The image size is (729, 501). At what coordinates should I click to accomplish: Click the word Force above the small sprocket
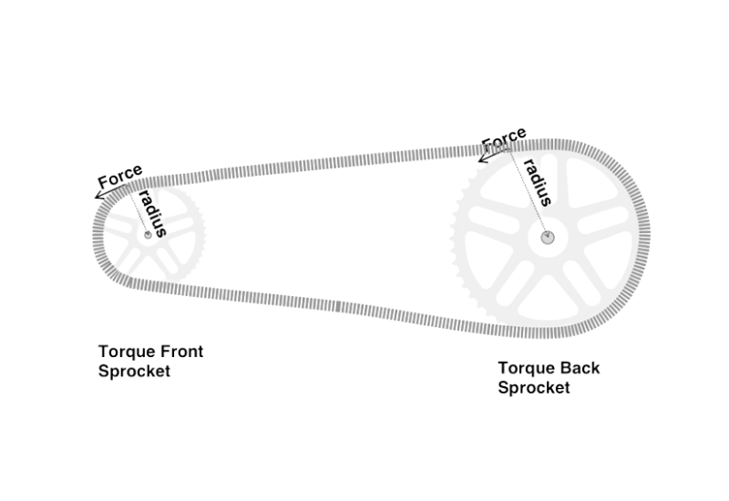click(x=120, y=176)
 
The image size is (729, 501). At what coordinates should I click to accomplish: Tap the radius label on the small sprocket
click(x=152, y=212)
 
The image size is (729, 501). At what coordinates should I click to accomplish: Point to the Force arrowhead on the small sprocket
click(x=99, y=193)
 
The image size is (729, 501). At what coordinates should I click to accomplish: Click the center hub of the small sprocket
click(x=147, y=234)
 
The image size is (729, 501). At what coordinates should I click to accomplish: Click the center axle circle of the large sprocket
click(x=547, y=238)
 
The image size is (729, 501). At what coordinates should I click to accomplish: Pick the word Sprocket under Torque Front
click(x=134, y=371)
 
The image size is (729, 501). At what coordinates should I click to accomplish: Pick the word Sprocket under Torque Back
click(x=534, y=388)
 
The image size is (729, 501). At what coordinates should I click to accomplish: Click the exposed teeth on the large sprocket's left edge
click(x=459, y=232)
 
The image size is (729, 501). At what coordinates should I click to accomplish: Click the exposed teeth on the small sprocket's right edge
click(x=200, y=239)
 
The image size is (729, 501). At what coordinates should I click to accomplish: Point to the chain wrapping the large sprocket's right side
click(x=642, y=237)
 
